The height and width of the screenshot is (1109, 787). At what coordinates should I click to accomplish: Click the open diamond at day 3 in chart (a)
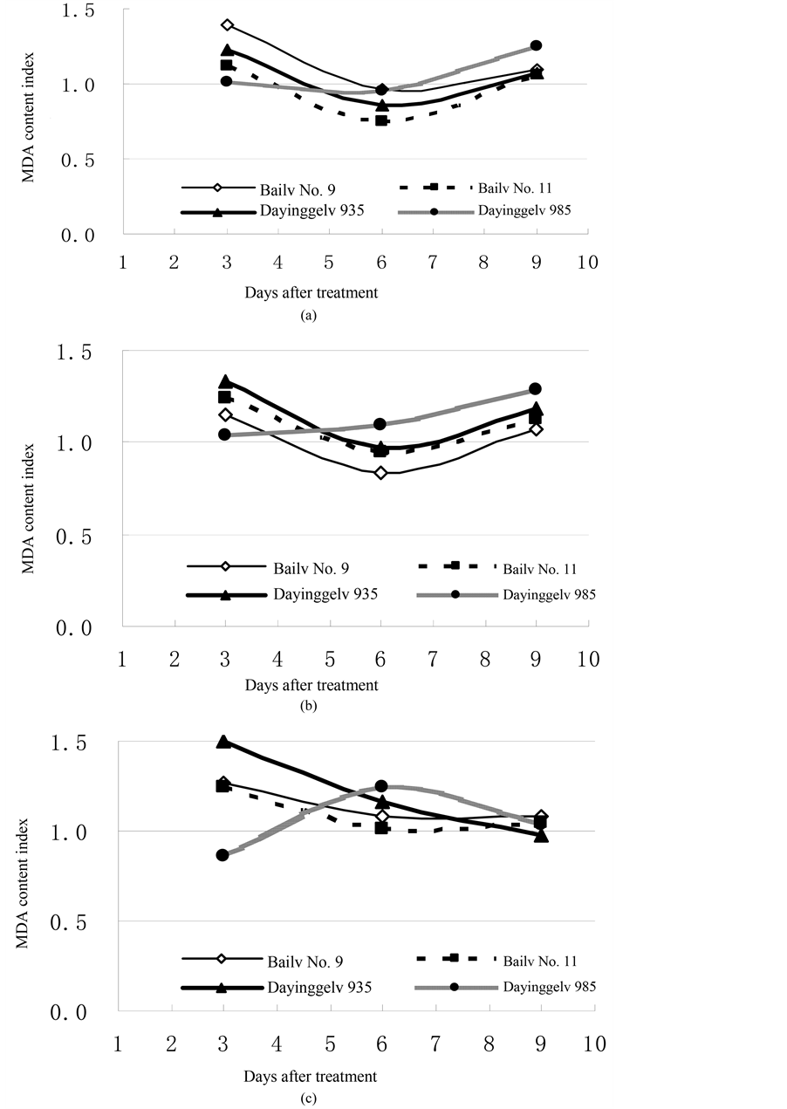point(227,24)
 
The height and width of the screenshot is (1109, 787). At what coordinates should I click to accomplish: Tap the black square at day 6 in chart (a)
point(381,120)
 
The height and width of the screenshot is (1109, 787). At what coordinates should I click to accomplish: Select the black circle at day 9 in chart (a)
point(536,45)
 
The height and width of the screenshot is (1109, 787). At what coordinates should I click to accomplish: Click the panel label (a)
point(305,317)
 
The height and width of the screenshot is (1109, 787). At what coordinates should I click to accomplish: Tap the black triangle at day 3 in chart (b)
point(225,381)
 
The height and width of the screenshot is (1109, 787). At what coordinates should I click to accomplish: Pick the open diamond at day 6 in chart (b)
point(381,473)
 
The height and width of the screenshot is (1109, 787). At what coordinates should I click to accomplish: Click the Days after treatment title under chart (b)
point(311,686)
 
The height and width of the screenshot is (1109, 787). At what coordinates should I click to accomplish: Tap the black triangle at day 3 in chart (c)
point(223,742)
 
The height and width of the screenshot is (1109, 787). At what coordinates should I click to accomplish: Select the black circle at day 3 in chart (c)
point(222,855)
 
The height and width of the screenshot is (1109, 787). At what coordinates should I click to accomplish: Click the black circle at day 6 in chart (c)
point(381,786)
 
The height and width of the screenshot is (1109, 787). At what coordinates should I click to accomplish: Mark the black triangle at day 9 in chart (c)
point(541,836)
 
